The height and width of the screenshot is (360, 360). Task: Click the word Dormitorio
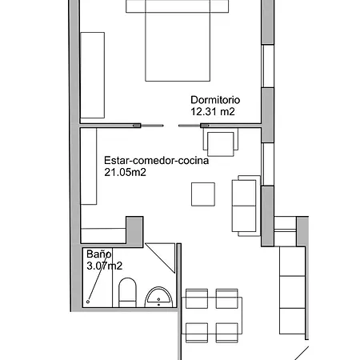pyautogui.click(x=215, y=100)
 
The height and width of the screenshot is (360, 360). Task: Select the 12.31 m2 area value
pyautogui.click(x=213, y=111)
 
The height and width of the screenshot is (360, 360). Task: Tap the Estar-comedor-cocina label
pyautogui.click(x=156, y=161)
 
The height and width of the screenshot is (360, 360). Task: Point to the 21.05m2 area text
pyautogui.click(x=125, y=172)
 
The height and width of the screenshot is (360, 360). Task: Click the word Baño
pyautogui.click(x=99, y=254)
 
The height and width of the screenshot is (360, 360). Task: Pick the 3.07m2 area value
pyautogui.click(x=104, y=266)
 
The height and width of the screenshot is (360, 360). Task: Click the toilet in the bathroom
pyautogui.click(x=127, y=293)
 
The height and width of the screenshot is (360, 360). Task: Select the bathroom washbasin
pyautogui.click(x=158, y=297)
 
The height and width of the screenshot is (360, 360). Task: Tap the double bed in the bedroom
pyautogui.click(x=178, y=41)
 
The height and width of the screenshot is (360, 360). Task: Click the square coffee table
pyautogui.click(x=203, y=194)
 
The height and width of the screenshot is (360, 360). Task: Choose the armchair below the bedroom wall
pyautogui.click(x=221, y=142)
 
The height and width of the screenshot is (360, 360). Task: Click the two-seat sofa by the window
pyautogui.click(x=246, y=206)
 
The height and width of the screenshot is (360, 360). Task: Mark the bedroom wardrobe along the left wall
pyautogui.click(x=92, y=75)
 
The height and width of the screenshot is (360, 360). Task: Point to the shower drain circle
pyautogui.click(x=88, y=302)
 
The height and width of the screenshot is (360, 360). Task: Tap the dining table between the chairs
pyautogui.click(x=212, y=315)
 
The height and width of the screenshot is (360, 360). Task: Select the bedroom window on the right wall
pyautogui.click(x=268, y=66)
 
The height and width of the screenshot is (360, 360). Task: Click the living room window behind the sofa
pyautogui.click(x=268, y=164)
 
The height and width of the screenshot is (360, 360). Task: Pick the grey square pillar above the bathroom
pyautogui.click(x=134, y=232)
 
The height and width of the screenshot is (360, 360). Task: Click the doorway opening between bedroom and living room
pyautogui.click(x=170, y=126)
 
